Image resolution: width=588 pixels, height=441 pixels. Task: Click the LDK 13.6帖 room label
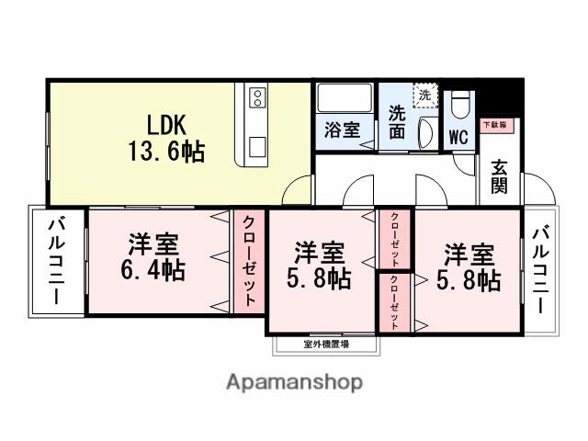coord(165,138)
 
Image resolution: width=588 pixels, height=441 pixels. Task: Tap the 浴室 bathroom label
coord(342,131)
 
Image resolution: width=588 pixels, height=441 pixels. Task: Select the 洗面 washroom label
coord(397,123)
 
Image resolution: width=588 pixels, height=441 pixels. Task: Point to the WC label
coord(458,136)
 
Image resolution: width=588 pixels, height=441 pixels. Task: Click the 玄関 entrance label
coord(499,176)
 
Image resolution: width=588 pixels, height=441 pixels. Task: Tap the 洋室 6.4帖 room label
coord(154,258)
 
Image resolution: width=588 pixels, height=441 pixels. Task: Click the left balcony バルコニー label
coord(55,261)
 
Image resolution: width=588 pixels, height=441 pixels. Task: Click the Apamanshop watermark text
coord(294,381)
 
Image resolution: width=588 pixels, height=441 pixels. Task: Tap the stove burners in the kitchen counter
coord(255,96)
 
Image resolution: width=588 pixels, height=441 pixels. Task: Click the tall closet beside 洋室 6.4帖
coord(249,262)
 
